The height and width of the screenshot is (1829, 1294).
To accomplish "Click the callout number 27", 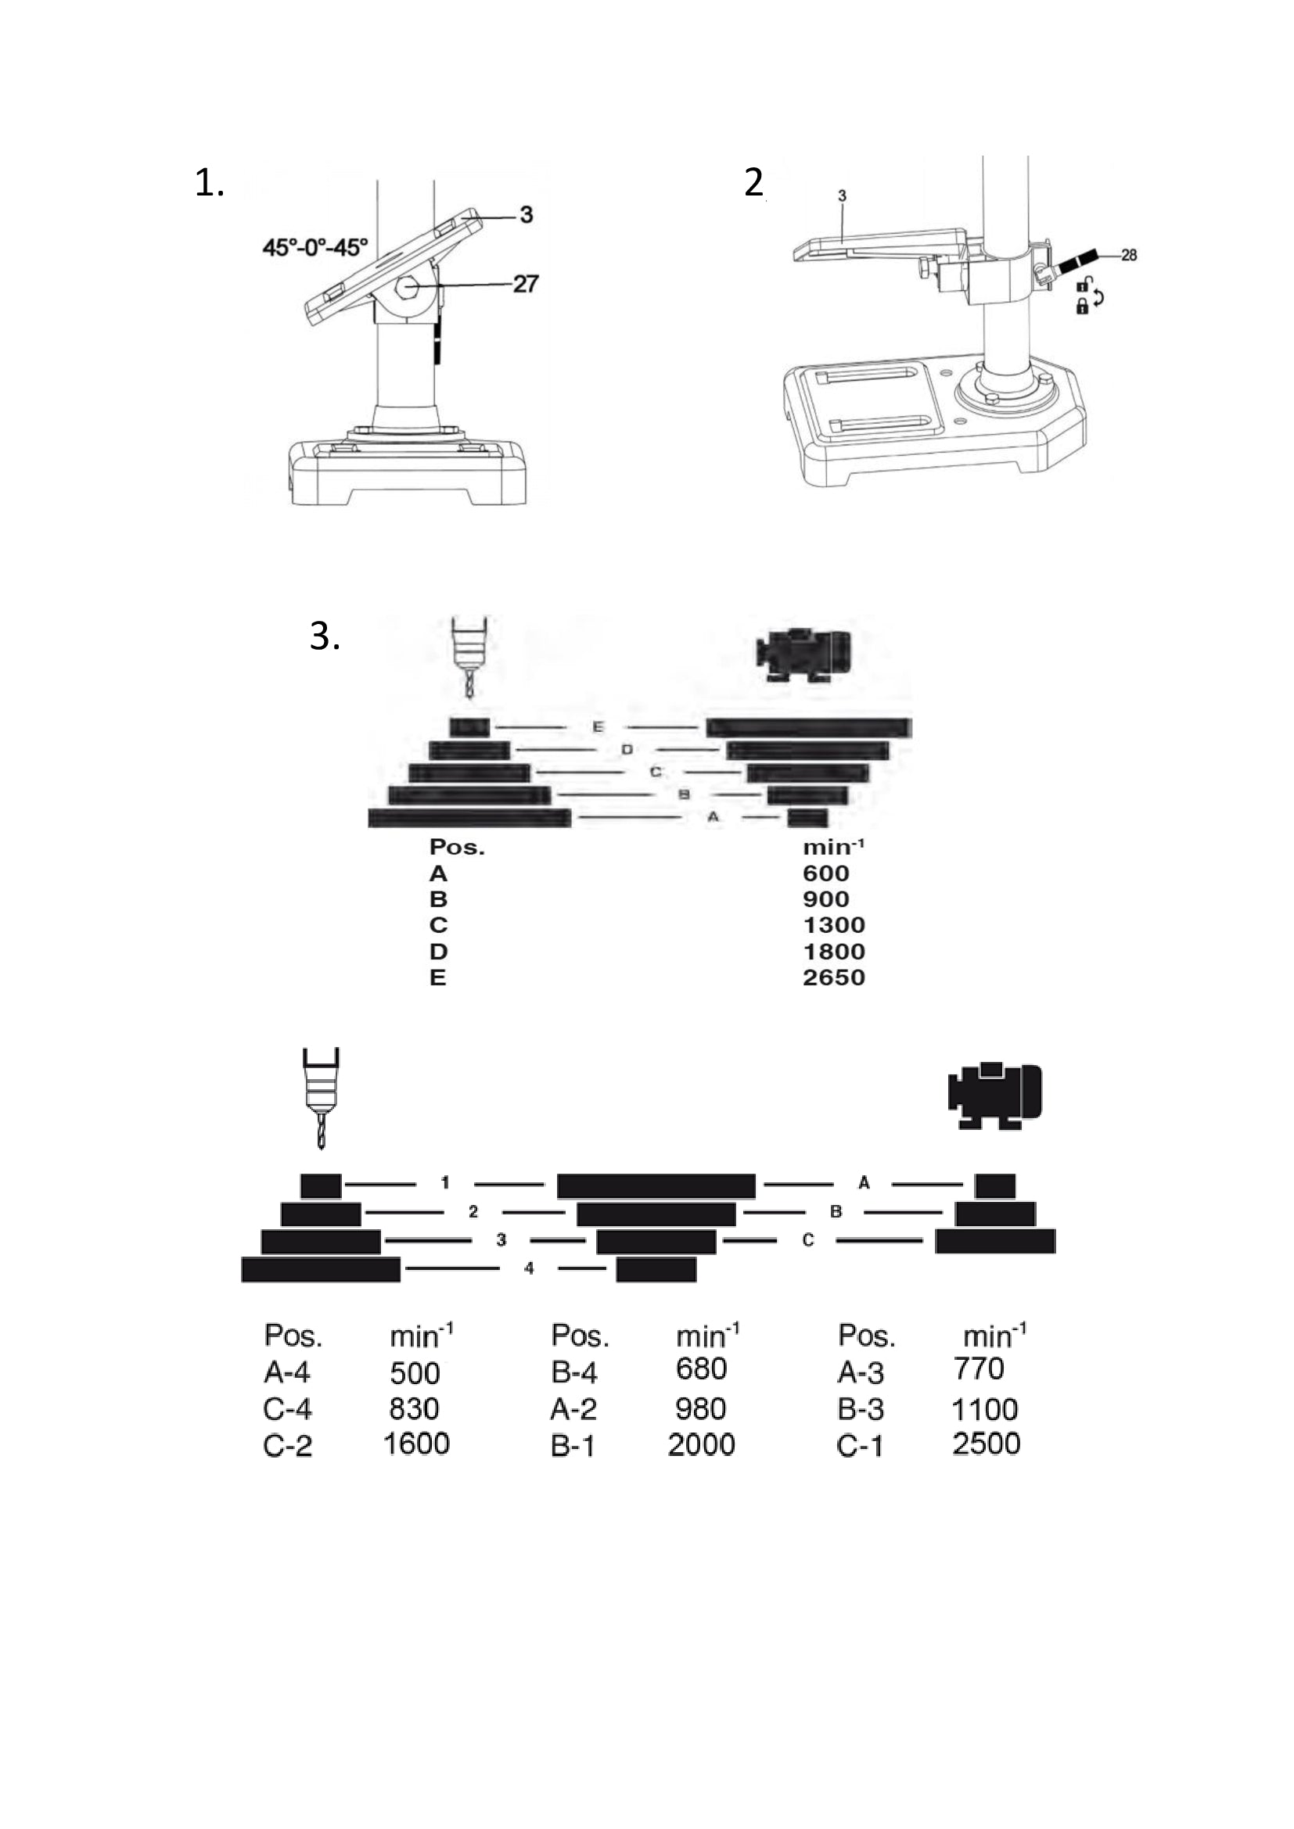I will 525,284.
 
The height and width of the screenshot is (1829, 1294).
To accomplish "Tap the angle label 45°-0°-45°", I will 315,248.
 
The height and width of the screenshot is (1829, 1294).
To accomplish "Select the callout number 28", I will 1128,255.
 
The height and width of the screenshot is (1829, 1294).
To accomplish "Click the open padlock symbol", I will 1084,284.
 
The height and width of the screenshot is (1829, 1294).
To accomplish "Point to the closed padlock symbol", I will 1082,307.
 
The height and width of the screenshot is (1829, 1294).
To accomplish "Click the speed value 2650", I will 833,977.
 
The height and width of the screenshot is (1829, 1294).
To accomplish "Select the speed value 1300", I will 833,925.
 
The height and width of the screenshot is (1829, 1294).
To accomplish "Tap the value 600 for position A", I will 825,873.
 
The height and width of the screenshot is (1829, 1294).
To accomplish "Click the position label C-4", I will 288,1409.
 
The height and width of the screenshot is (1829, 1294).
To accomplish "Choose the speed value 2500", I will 987,1443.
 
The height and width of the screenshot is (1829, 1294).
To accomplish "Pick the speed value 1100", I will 985,1409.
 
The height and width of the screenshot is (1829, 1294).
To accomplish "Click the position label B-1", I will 573,1445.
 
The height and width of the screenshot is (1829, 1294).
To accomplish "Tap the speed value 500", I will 415,1373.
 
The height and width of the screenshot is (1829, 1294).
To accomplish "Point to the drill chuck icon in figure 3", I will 469,654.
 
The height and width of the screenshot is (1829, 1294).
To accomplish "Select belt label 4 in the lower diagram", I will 529,1268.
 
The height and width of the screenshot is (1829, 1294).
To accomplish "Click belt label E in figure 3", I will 598,726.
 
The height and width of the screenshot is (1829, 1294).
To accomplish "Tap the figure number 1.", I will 209,183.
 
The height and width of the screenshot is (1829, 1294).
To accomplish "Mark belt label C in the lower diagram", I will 808,1239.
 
